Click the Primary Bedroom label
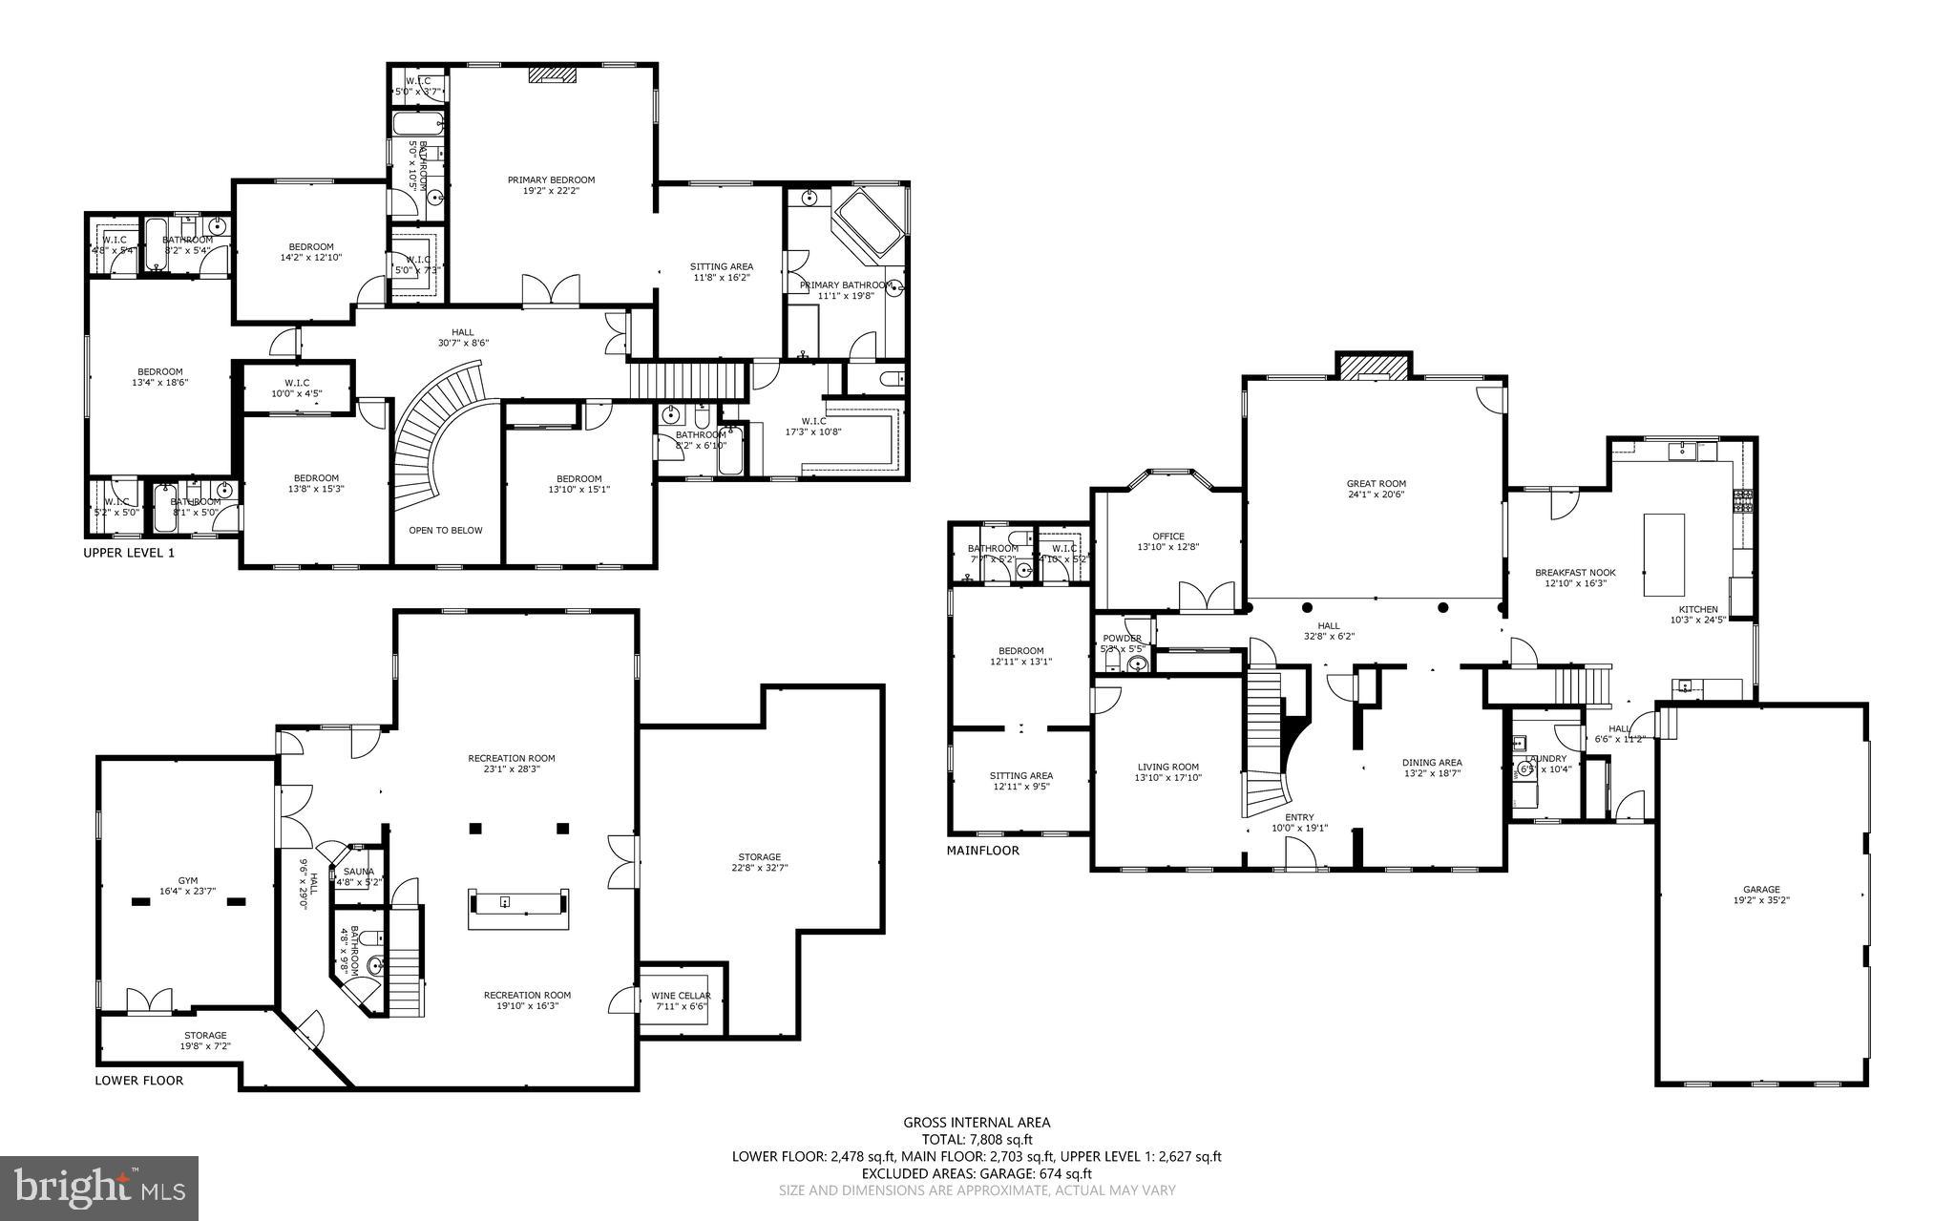(551, 179)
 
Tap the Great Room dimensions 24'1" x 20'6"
(1376, 495)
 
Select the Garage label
(1761, 889)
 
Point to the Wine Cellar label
(682, 996)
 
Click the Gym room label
(187, 880)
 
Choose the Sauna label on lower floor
(359, 871)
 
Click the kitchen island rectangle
(1664, 555)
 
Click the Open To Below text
(446, 530)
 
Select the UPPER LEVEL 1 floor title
(129, 553)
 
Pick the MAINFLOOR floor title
(983, 850)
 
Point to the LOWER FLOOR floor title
(139, 1081)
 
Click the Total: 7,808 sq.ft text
(977, 1139)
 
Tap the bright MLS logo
(99, 1188)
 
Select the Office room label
(1167, 537)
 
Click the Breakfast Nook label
(1575, 572)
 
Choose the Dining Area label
(1432, 762)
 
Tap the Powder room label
(1122, 639)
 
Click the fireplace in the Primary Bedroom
(552, 74)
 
